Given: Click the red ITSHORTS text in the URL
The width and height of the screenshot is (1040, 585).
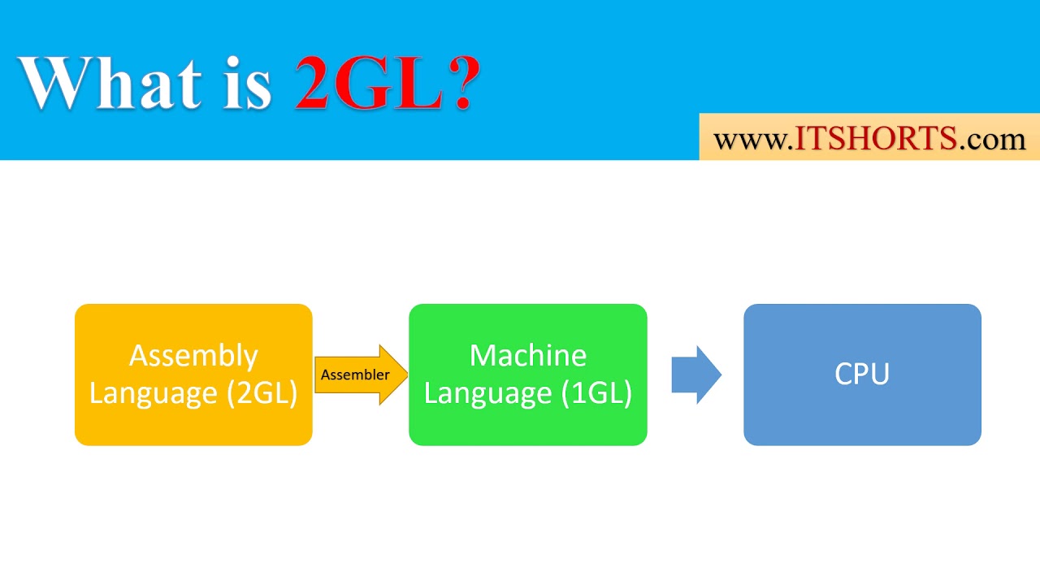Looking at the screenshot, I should coord(875,139).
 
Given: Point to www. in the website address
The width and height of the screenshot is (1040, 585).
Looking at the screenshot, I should coord(751,140).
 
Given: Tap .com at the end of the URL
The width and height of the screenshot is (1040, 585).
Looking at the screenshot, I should coord(992,140).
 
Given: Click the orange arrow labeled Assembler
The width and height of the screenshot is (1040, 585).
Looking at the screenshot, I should coord(361,375).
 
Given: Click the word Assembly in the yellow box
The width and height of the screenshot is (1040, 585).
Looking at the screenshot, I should coord(193,356).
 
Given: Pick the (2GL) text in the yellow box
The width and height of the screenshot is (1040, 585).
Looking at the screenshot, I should coord(262,393).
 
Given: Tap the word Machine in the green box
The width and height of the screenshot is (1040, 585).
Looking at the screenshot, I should coord(528,355).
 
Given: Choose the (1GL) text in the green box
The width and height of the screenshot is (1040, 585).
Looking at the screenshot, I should coord(596,393).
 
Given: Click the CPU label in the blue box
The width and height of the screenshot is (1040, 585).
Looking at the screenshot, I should coord(862,374).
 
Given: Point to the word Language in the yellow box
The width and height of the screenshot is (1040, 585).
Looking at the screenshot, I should coord(153,393).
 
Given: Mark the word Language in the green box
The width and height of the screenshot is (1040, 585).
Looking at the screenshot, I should coord(487,393).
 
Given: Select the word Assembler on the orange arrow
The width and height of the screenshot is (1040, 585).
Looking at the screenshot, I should coord(355,375).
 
